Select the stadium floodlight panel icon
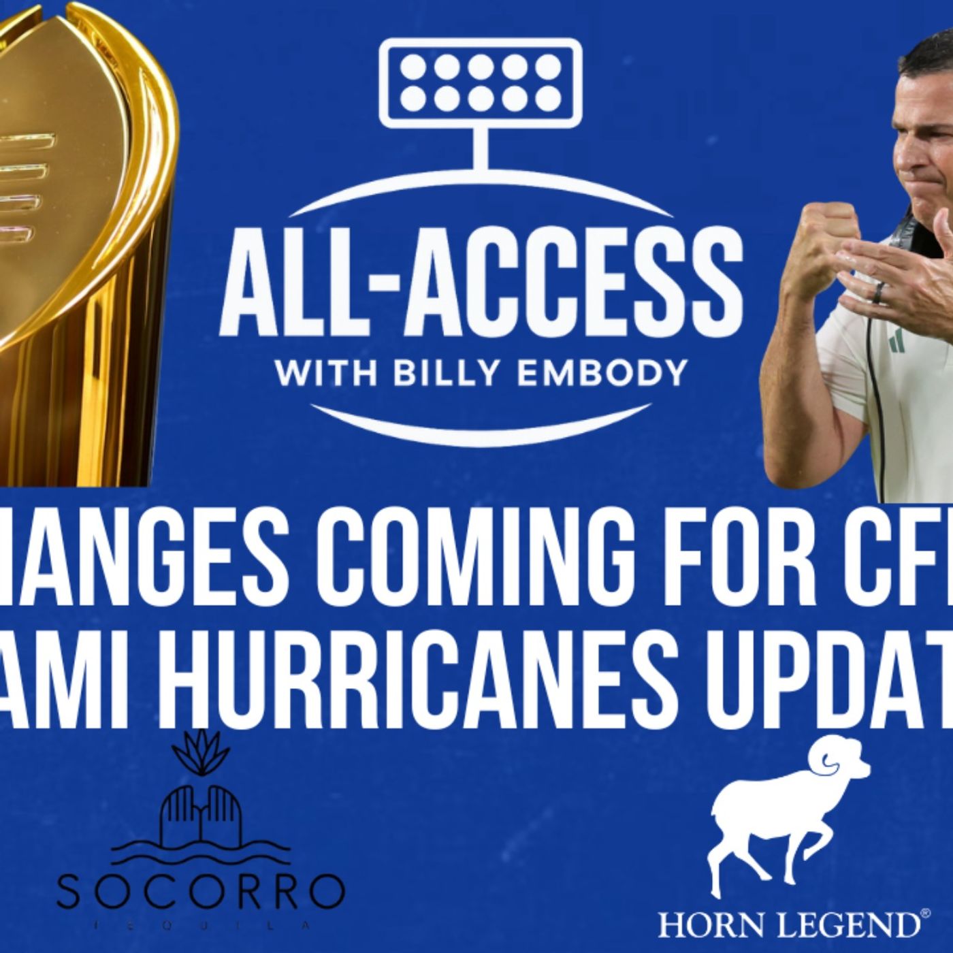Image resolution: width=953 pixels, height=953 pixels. [480, 83]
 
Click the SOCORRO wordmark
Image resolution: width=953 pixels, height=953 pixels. [200, 892]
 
